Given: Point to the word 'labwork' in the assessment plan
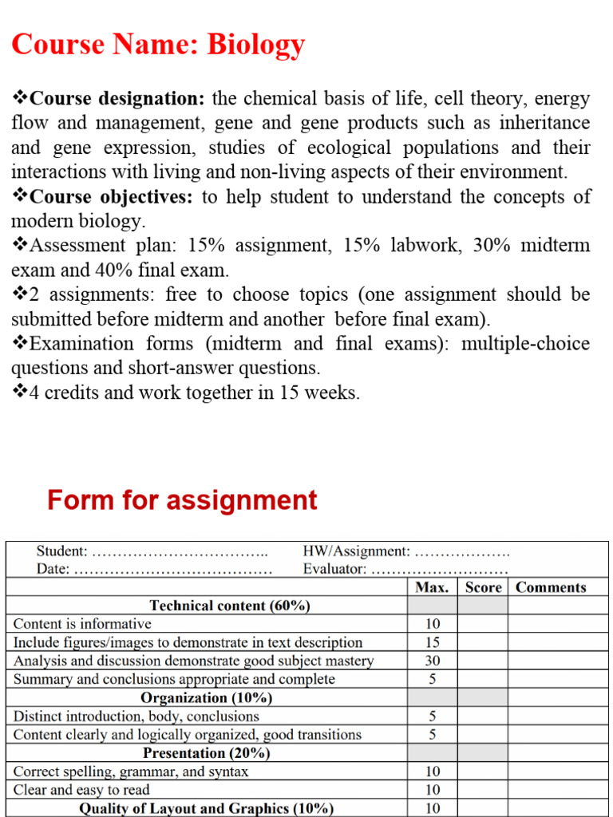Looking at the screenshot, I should [x=425, y=246].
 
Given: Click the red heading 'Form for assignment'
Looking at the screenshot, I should [x=182, y=500].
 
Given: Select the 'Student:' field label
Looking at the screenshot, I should [x=62, y=551].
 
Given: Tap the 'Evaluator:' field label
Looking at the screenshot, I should [x=335, y=570].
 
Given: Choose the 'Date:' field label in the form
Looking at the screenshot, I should [x=53, y=570].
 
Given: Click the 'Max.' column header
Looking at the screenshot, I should [x=432, y=587].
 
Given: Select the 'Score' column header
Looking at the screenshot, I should [x=483, y=587].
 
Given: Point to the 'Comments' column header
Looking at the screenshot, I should [x=551, y=587].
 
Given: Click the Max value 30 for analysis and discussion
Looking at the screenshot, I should [x=432, y=661].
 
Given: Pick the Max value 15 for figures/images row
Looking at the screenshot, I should [x=432, y=642].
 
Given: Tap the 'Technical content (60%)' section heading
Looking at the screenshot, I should [x=230, y=606].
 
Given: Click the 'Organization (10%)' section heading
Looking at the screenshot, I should [x=207, y=698].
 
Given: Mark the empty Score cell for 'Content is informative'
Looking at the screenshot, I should [x=483, y=624].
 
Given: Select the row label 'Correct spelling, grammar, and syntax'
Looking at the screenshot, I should [x=131, y=772].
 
